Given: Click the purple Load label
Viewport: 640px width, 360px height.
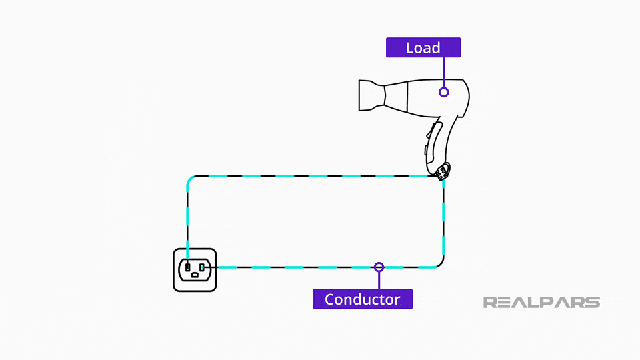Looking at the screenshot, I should tap(423, 47).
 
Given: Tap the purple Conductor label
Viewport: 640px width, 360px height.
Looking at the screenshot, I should tap(362, 299).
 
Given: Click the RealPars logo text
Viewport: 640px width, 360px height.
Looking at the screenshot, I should tap(541, 303).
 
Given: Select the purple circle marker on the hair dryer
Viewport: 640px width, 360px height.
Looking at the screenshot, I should tap(443, 92).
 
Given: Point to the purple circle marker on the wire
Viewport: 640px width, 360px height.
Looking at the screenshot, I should tap(379, 267).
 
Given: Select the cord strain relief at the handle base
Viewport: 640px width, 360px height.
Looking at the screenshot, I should tap(442, 172).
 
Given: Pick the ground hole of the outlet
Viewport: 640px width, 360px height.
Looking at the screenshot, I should tap(194, 275).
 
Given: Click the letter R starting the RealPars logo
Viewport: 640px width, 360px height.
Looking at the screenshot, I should tap(490, 303).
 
